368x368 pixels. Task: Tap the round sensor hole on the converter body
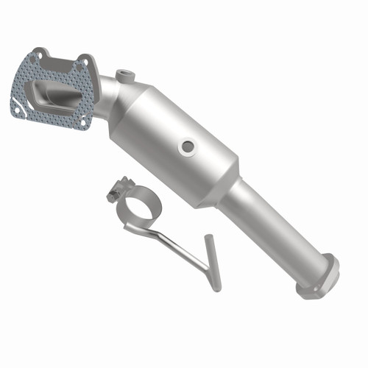(188, 147)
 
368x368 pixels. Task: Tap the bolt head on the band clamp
(114, 196)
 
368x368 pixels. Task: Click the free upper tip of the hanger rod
(208, 239)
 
